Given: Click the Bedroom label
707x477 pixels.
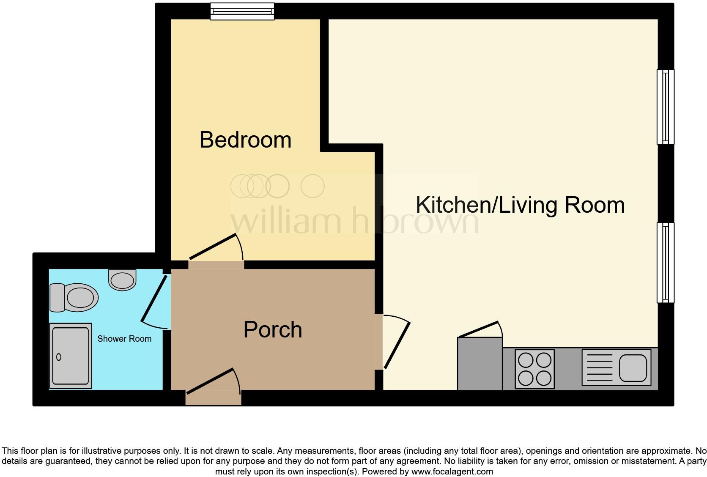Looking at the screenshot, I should point(245,140).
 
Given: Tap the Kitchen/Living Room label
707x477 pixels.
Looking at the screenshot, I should point(520,205).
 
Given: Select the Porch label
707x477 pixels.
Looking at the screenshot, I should point(273,330).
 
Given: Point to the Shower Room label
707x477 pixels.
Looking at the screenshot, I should point(124,339).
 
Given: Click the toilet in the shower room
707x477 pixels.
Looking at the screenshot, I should point(74,297).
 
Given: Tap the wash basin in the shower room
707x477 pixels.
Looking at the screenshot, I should point(122,280).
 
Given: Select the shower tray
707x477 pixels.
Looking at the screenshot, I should point(71,356).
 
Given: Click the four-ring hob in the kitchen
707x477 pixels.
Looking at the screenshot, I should point(534,369).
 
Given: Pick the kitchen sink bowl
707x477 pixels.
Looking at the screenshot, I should point(633,367).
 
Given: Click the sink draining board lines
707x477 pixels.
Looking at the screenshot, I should point(600,367).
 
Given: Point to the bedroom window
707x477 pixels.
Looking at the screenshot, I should point(242,11).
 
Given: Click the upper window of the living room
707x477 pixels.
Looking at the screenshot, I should point(665,107).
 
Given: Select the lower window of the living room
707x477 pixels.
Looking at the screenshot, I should point(665,263).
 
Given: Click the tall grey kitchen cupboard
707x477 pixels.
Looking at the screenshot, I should point(480,364).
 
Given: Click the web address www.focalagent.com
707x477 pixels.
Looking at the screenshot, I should point(452,472).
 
